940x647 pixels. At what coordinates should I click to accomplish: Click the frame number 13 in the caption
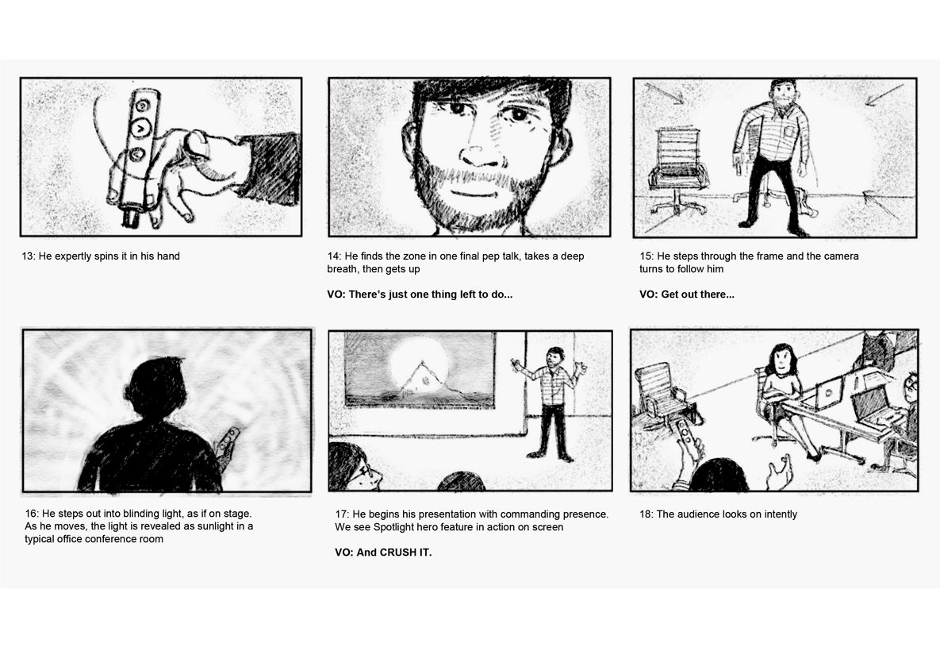[x=29, y=256]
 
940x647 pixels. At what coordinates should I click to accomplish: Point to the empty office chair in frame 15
[x=678, y=170]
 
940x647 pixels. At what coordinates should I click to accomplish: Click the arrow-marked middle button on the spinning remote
[x=141, y=128]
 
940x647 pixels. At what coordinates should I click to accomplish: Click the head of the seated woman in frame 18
[x=780, y=360]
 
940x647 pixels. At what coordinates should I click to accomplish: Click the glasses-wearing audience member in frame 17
[x=356, y=468]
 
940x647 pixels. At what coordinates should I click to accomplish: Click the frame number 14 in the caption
[x=334, y=256]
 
